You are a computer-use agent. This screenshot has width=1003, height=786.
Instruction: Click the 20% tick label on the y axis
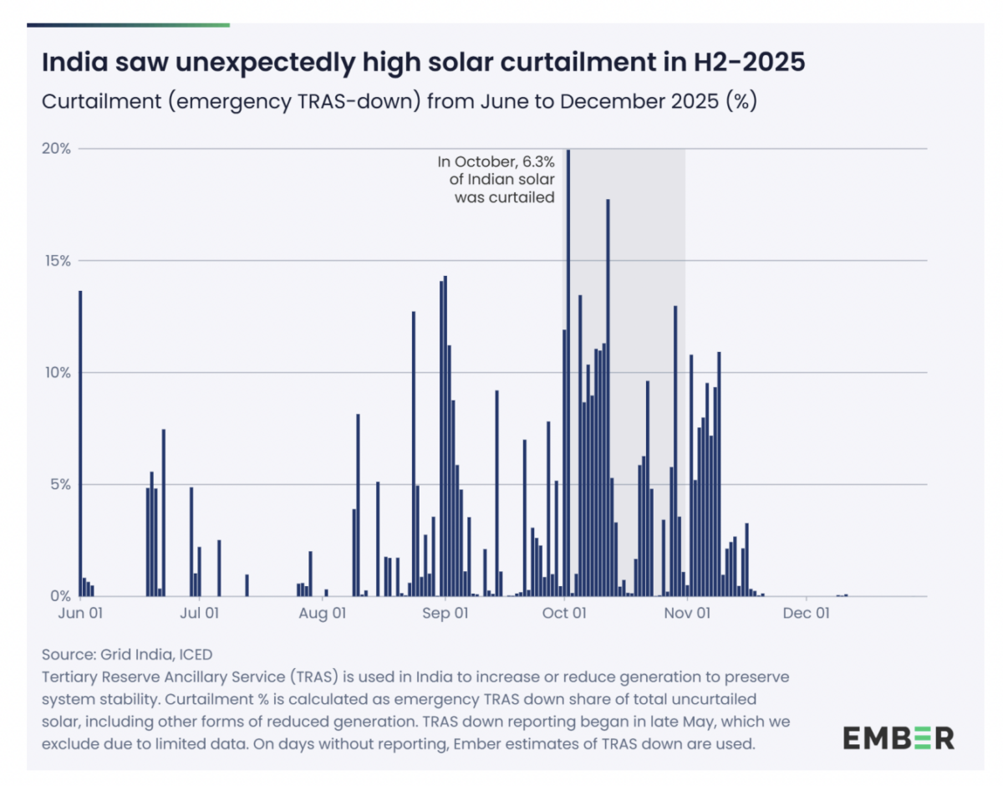tap(56, 149)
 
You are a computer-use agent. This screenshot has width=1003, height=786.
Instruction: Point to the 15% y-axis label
tap(56, 261)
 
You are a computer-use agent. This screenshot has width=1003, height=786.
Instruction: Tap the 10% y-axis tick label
tap(56, 372)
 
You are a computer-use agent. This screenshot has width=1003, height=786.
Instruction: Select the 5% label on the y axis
tap(59, 484)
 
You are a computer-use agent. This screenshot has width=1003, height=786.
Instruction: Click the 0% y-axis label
tap(59, 596)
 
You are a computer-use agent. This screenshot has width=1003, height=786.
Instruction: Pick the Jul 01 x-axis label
tap(200, 613)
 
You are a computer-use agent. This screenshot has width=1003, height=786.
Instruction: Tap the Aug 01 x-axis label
tap(323, 613)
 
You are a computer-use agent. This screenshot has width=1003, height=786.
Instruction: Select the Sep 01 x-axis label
tap(445, 613)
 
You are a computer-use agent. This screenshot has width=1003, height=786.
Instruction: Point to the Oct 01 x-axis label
tap(566, 613)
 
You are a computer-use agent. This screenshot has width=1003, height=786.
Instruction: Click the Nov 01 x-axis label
tap(687, 613)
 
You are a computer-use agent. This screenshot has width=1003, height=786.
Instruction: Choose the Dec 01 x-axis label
tap(807, 613)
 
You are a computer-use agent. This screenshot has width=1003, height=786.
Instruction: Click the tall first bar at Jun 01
tap(80, 443)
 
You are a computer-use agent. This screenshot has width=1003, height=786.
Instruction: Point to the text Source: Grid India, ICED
tap(126, 654)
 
